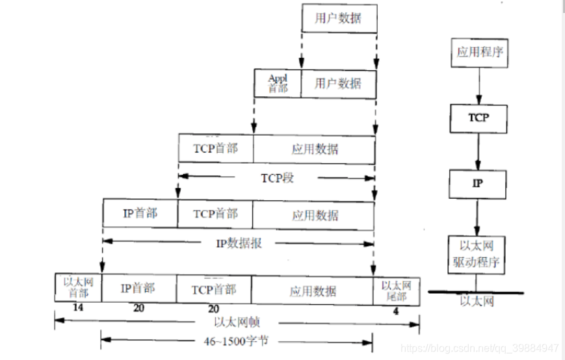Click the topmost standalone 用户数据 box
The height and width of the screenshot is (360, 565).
click(x=339, y=19)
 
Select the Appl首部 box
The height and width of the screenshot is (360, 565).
click(x=278, y=83)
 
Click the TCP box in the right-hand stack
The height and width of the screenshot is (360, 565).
click(x=479, y=118)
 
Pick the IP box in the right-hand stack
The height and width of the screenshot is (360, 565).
click(x=479, y=184)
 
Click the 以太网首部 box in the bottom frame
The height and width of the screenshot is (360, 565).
click(x=78, y=289)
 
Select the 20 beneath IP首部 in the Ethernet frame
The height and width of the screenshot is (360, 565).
click(x=138, y=309)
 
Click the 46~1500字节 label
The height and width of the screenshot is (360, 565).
click(x=235, y=340)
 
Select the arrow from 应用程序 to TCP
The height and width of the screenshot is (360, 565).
click(x=479, y=86)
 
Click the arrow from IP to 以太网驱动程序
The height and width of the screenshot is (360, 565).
click(x=479, y=217)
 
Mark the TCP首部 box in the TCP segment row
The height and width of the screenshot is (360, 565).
click(x=215, y=148)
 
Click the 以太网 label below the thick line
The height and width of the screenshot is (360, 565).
click(x=477, y=302)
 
